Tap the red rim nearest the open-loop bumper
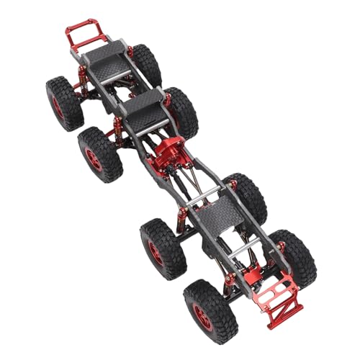tap(58, 106)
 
